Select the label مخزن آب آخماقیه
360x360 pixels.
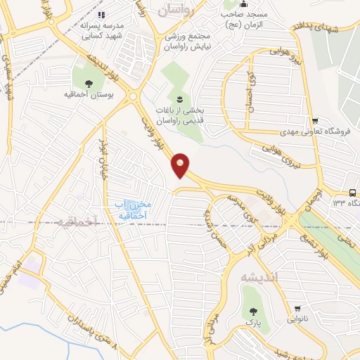133,210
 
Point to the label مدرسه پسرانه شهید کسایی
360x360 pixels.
96,27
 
